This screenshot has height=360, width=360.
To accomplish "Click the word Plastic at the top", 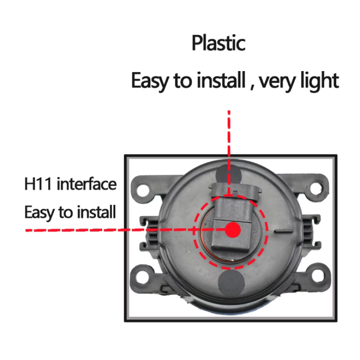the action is click(x=219, y=43).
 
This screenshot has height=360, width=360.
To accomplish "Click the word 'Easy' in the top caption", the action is click(x=150, y=81).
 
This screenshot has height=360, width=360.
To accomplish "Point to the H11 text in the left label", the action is click(x=38, y=184).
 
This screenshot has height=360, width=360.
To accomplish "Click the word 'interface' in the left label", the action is click(x=86, y=184).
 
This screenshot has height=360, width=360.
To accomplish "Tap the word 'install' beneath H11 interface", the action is click(x=96, y=211).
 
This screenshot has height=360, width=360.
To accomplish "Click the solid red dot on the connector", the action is click(x=233, y=229).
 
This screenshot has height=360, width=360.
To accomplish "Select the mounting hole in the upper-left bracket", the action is click(x=143, y=190).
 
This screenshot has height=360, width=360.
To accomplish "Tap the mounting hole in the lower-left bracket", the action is click(x=142, y=277).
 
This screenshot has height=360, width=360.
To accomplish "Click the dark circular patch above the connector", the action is click(x=229, y=175).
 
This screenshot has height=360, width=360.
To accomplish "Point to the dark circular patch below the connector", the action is click(x=231, y=283).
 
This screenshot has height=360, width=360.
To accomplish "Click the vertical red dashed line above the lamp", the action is click(x=229, y=153).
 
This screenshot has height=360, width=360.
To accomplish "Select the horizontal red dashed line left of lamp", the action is click(x=125, y=230).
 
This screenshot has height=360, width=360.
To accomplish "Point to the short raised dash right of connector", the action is click(x=284, y=231).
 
